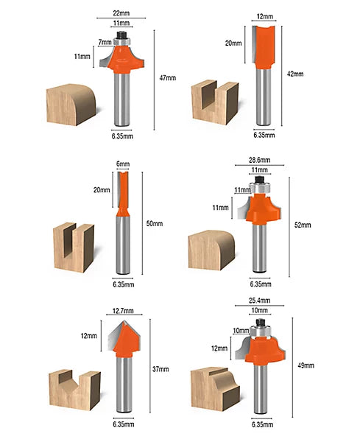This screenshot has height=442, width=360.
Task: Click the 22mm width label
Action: point(121,13)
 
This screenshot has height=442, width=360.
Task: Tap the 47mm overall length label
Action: point(168,78)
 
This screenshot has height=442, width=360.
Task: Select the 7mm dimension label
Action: point(105,42)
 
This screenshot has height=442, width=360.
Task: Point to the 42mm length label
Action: point(295,74)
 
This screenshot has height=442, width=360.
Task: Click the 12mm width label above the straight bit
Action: point(265,17)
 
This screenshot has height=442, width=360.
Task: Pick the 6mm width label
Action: point(123,164)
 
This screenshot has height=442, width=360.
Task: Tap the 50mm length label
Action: point(155,223)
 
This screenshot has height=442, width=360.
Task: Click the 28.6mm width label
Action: point(259,160)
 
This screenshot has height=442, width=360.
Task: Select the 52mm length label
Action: point(303,225)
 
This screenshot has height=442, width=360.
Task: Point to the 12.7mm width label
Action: point(123,311)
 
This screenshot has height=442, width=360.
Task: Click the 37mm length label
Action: point(160,369)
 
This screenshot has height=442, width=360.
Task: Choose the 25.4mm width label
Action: point(259,301)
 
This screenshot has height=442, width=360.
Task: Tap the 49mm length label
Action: point(306,365)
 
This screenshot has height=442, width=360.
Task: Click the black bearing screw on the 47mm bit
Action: point(121,35)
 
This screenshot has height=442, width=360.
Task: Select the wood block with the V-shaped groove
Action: point(74,390)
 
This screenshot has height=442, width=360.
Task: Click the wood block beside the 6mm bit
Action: point(74,248)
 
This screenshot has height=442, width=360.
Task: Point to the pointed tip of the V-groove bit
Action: point(123,320)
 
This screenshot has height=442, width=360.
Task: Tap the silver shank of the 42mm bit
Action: point(264,97)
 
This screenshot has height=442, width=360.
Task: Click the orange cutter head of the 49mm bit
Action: point(265,351)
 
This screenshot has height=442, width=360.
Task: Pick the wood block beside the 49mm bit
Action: point(215,388)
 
